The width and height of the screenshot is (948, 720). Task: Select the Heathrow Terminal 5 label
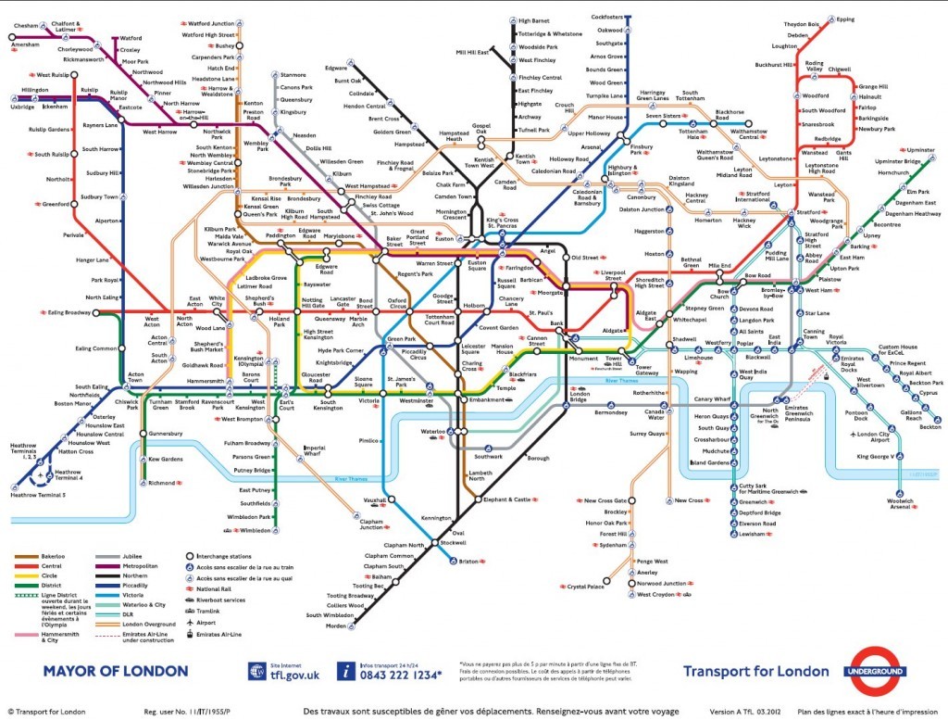(38, 495)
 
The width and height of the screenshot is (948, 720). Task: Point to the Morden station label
(336, 625)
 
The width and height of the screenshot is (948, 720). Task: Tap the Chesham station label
(24, 25)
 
